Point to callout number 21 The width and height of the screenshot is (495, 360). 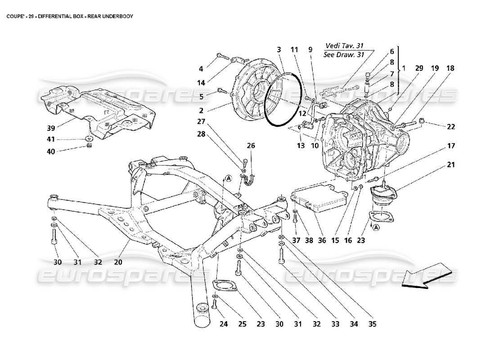point(451,165)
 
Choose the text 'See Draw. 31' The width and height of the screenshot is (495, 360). point(344,55)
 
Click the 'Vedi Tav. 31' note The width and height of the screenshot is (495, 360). point(344,45)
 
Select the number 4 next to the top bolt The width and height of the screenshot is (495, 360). point(201,69)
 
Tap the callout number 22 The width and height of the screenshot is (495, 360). point(451,127)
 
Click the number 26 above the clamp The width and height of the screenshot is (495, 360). point(251,145)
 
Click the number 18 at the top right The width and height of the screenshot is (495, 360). point(450,68)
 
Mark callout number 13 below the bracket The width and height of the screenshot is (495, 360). point(300,145)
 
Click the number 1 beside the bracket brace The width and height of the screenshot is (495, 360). point(404,68)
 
